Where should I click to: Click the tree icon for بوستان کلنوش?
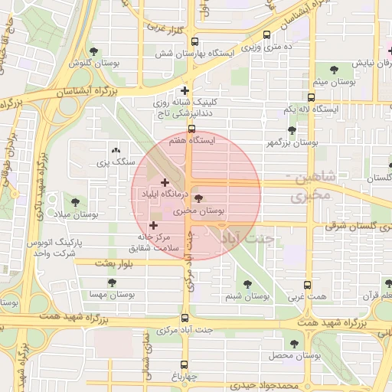tap(93, 51)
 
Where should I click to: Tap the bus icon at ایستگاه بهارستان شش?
tap(194, 42)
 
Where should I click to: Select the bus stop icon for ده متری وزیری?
tap(266, 34)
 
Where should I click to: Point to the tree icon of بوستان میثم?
tap(333, 69)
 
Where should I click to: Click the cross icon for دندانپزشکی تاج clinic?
tap(185, 90)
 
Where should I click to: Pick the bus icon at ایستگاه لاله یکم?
tap(311, 98)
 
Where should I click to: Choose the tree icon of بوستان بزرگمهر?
tap(291, 131)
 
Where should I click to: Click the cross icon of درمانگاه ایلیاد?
tap(165, 182)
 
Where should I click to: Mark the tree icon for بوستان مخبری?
tap(199, 198)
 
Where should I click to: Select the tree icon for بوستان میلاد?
tap(74, 201)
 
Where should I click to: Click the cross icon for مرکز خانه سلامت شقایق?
tap(154, 226)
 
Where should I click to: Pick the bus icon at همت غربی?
tap(307, 285)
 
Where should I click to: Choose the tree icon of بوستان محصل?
tap(295, 345)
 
